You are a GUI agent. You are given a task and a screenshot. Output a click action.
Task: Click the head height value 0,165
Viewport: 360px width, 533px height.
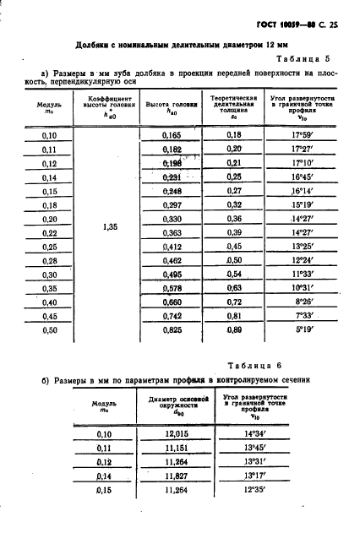click(172, 135)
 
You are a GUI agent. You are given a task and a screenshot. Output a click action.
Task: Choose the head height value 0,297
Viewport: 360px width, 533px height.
click(172, 205)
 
